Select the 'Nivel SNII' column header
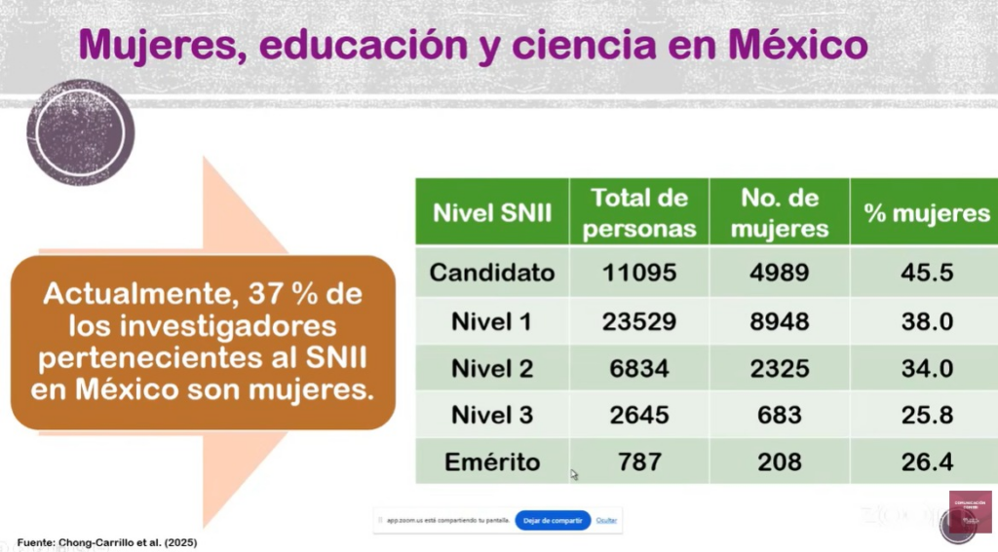492,212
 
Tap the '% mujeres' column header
926,212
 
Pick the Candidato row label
492,272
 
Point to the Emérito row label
492,461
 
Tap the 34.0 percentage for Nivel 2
926,368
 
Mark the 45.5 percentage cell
926,272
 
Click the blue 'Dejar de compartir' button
553,521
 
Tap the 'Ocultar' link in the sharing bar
606,521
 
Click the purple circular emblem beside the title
80,131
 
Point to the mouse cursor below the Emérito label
574,474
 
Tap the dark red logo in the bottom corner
969,512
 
